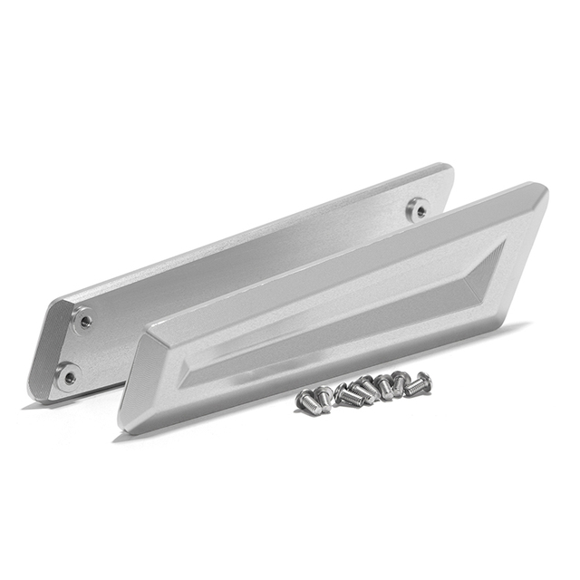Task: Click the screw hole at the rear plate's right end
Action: (417, 209)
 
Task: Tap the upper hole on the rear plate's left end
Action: (84, 319)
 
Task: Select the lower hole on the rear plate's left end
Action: (67, 374)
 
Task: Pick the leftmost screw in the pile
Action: (304, 399)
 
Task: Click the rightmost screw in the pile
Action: (419, 384)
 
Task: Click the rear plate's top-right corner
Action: (449, 167)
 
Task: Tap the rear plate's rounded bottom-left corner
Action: (36, 394)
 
